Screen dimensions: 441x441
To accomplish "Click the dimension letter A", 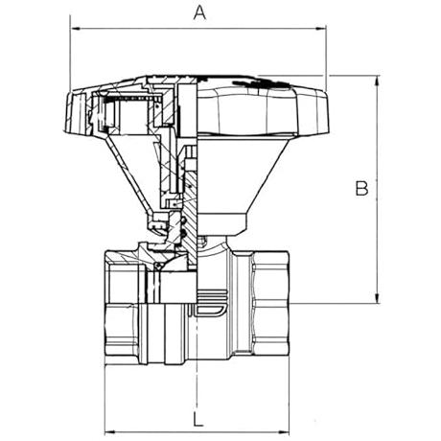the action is (x=200, y=13).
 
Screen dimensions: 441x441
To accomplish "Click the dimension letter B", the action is (x=361, y=188).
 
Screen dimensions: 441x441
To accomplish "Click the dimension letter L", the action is (x=198, y=419).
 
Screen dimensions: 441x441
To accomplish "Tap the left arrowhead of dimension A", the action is (x=75, y=29).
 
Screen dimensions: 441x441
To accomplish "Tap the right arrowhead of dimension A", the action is (x=321, y=29).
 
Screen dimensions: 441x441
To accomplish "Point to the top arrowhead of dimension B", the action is (x=378, y=81).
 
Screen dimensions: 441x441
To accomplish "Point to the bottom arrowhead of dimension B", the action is (x=378, y=298).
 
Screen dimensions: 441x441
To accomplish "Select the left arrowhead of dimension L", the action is (x=109, y=432).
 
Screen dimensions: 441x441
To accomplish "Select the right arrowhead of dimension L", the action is (x=285, y=432).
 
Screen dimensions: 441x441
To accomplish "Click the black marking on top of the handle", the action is (x=259, y=83).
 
